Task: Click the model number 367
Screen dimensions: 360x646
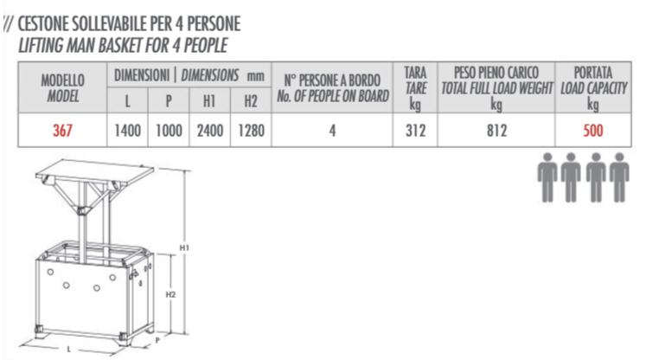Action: click(x=61, y=132)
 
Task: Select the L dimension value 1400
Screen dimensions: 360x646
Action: click(x=128, y=132)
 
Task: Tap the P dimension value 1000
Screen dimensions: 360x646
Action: click(x=169, y=132)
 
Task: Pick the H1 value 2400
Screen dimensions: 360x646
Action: click(x=209, y=132)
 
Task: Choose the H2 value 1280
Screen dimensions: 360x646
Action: click(x=251, y=132)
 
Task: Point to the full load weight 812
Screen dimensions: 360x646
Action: click(x=496, y=132)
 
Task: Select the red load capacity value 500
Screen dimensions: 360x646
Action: click(x=593, y=132)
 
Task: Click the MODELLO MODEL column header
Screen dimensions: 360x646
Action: click(x=62, y=89)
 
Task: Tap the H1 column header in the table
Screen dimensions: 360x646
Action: click(x=209, y=102)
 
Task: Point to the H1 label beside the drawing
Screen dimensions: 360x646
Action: click(x=184, y=247)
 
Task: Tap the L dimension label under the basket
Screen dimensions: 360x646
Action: click(x=68, y=349)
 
